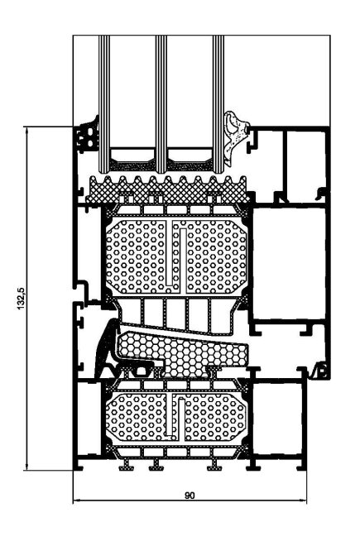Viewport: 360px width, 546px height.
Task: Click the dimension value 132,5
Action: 22,298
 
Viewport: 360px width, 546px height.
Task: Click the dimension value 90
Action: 190,496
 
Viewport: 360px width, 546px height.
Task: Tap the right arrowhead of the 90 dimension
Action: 304,500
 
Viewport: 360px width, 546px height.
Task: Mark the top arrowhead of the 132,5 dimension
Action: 26,130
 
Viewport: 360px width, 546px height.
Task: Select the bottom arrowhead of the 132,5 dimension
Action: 26,467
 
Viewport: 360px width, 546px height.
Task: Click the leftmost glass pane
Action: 104,103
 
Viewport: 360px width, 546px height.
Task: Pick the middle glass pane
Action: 161,103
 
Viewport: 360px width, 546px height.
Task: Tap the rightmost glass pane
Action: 218,103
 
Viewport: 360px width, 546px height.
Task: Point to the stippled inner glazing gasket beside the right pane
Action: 234,138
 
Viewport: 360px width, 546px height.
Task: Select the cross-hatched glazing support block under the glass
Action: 168,190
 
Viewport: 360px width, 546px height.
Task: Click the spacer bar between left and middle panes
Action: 132,160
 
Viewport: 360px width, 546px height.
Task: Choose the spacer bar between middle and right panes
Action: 190,160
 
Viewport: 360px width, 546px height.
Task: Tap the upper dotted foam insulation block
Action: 176,256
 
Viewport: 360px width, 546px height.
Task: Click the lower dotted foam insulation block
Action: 175,417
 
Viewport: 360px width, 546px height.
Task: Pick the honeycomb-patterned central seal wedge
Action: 183,354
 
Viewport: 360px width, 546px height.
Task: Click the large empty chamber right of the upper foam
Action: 289,263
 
